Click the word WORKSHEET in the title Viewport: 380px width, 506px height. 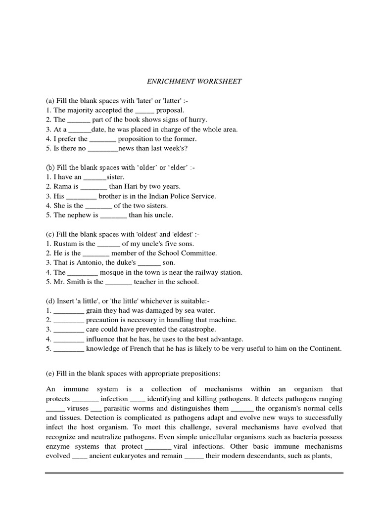pos(219,81)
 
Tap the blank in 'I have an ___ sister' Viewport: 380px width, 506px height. pos(95,177)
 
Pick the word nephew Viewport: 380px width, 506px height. pos(79,215)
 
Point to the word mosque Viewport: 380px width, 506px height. pos(112,272)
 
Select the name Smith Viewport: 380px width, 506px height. pos(75,282)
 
